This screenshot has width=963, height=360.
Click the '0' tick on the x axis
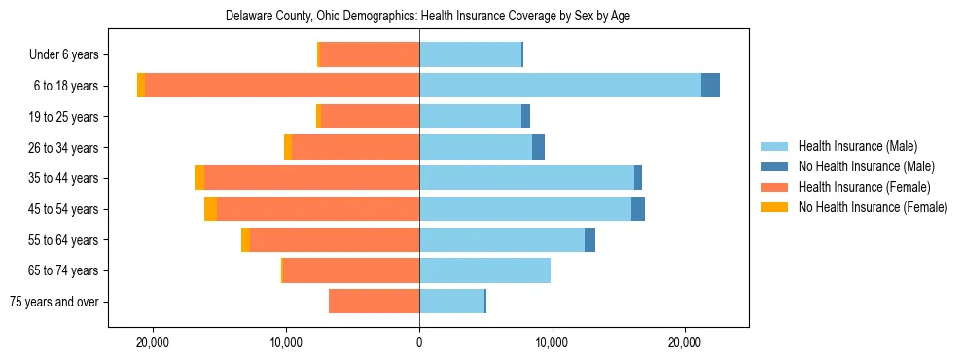(x=419, y=343)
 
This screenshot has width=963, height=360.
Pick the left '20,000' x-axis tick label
(x=154, y=343)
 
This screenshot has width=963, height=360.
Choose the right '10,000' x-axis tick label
(x=552, y=343)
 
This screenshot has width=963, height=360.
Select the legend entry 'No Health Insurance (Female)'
(x=873, y=207)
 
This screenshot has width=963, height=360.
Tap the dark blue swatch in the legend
(x=775, y=166)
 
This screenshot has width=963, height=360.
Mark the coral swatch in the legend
(x=775, y=187)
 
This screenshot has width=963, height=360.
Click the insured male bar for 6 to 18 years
(x=559, y=86)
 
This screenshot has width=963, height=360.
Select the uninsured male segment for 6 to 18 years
(x=710, y=86)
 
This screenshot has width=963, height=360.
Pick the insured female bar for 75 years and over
(x=374, y=302)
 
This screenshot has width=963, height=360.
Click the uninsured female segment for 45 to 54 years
(x=210, y=209)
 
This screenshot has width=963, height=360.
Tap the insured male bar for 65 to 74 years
(x=484, y=270)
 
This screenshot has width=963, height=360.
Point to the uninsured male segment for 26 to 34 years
(x=538, y=147)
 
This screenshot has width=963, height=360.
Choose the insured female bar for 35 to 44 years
(x=311, y=178)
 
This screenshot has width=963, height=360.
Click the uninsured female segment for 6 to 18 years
(x=141, y=86)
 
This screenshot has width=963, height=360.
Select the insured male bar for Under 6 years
(x=470, y=55)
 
